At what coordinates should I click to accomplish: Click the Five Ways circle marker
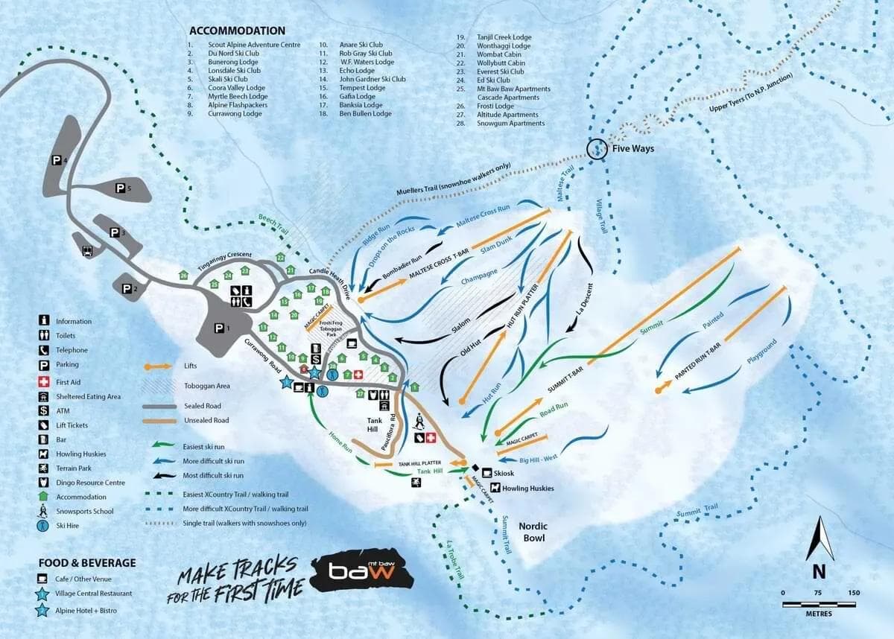point(597,149)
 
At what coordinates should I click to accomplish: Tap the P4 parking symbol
point(57,160)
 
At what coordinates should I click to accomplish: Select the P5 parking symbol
point(120,190)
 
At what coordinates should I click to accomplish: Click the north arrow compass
point(819,540)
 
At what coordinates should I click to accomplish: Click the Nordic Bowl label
point(533,532)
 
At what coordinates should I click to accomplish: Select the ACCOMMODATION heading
point(237,31)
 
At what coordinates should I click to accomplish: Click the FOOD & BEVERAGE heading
point(88,563)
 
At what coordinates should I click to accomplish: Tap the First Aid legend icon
point(45,381)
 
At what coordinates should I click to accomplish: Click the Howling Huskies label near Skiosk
point(528,489)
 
